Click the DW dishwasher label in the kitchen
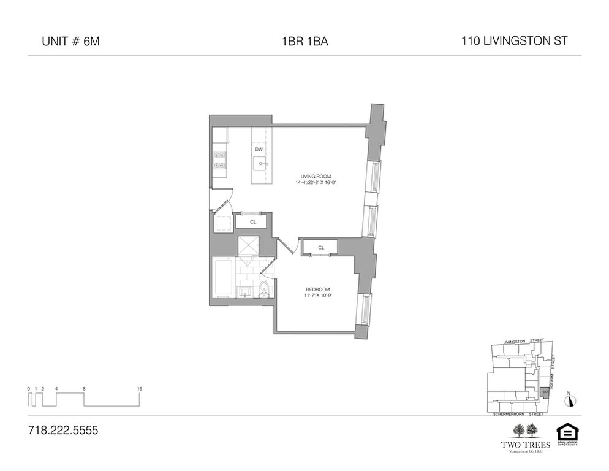(259, 149)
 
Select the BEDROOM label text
(319, 289)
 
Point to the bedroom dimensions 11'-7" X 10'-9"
(319, 296)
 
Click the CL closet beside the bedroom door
(321, 248)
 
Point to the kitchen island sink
(260, 164)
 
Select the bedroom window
(368, 310)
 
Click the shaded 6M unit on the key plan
(545, 391)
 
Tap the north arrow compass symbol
(571, 400)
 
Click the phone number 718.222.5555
(63, 430)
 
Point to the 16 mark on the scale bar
(140, 388)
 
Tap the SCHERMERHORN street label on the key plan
(508, 415)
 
